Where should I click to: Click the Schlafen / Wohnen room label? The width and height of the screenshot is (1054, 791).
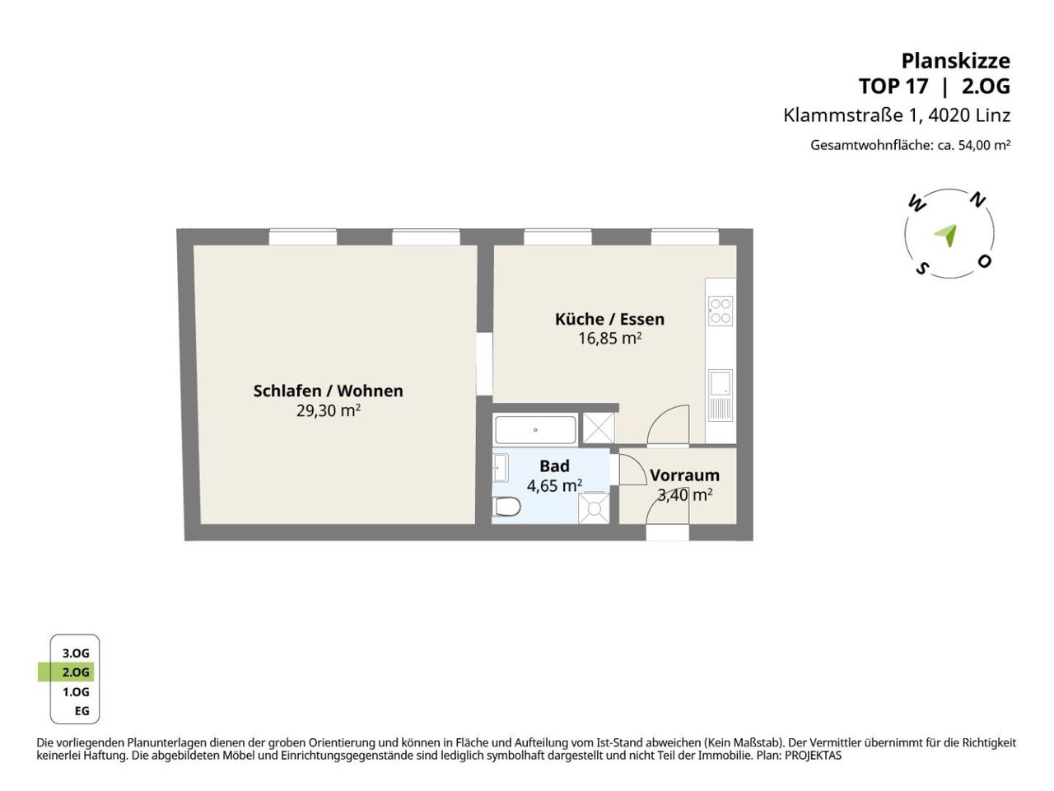tap(328, 391)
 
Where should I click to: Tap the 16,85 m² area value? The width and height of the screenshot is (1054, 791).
tap(609, 339)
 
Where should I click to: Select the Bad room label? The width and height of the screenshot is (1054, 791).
tap(555, 466)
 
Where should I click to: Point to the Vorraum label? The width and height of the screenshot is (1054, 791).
tap(685, 475)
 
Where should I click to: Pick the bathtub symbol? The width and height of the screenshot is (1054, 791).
tap(535, 430)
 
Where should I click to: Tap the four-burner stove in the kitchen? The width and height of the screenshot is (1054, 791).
tap(721, 311)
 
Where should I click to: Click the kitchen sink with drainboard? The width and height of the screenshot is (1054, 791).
tap(721, 395)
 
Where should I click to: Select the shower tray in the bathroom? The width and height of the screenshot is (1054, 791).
tap(594, 508)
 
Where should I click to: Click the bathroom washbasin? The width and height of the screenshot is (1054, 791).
tap(500, 467)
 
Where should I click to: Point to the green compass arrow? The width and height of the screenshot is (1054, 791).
tap(946, 236)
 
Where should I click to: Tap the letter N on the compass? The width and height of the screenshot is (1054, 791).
tap(977, 201)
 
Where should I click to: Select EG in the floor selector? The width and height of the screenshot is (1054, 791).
tap(82, 711)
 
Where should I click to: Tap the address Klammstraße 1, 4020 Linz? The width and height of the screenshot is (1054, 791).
tap(897, 115)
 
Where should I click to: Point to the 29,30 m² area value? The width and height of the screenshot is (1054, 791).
tap(328, 411)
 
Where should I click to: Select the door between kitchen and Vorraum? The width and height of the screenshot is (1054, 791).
tap(668, 424)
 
